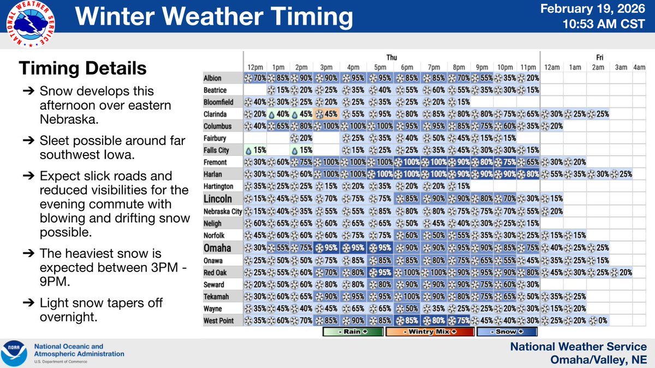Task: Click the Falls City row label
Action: click(x=216, y=150)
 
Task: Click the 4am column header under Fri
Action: click(x=639, y=67)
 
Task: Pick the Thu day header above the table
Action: click(x=391, y=56)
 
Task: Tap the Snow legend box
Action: click(x=507, y=331)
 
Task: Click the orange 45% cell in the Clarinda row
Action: click(x=328, y=114)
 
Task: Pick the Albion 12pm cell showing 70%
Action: click(x=254, y=78)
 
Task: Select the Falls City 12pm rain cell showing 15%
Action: click(x=254, y=150)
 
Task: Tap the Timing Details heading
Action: click(x=82, y=69)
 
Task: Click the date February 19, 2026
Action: click(x=601, y=10)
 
